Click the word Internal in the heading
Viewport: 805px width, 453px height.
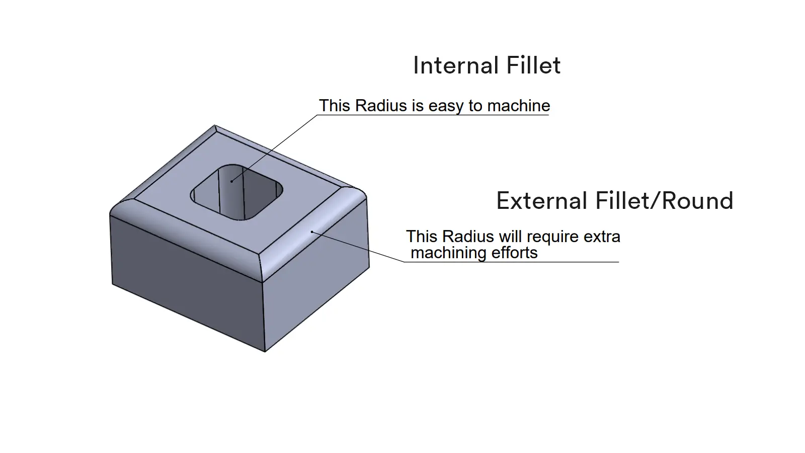pos(454,65)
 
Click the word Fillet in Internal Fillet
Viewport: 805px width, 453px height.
pos(533,65)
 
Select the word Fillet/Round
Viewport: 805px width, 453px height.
pos(664,201)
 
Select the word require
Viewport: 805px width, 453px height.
pos(550,237)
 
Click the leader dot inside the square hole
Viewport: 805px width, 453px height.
pos(232,181)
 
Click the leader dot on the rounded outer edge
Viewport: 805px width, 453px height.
pos(312,232)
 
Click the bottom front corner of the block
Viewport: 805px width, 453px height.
pos(265,351)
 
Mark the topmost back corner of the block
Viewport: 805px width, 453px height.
pos(215,125)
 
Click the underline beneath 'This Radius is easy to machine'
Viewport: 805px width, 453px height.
pos(433,115)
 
